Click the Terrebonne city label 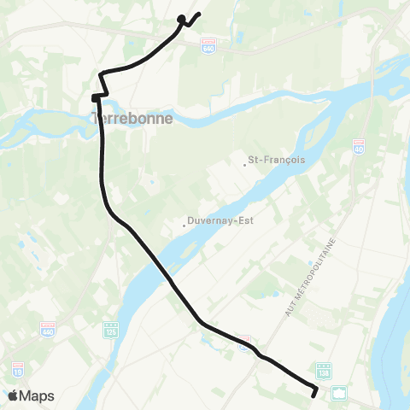point(133,119)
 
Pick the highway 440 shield point(49,329)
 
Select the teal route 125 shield point(108,329)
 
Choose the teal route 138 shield point(323,370)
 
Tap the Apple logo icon point(15,395)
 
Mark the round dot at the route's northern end point(181,18)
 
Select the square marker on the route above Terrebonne point(96,98)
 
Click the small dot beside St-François point(245,165)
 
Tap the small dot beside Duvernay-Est point(185,225)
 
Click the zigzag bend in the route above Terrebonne point(102,85)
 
